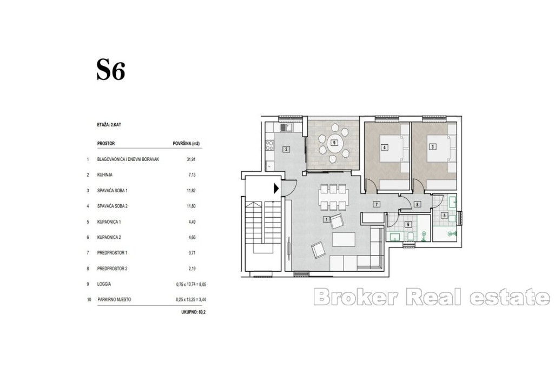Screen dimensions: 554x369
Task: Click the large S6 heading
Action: point(110,70)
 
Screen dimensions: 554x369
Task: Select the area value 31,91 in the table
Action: point(191,159)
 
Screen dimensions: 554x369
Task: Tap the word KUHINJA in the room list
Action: point(104,175)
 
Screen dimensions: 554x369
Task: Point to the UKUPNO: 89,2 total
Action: point(193,312)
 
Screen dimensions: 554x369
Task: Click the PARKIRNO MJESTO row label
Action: point(114,299)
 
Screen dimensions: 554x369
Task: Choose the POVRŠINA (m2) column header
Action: point(186,144)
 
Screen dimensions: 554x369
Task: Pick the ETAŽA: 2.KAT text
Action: point(109,124)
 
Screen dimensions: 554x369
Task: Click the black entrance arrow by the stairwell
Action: point(276,189)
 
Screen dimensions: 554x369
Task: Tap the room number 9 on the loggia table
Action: point(333,143)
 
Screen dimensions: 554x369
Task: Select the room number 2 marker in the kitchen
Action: point(286,149)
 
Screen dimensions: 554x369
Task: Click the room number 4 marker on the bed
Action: point(385,147)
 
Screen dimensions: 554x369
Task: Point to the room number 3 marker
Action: point(432,147)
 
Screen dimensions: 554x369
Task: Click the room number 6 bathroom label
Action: point(408,224)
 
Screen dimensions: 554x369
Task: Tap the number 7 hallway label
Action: point(377,204)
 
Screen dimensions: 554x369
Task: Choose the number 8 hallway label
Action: point(417,204)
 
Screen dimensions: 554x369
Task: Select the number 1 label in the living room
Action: point(327,219)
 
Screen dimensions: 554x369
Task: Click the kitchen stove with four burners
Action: point(269,145)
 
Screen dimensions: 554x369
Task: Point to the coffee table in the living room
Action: point(344,239)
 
